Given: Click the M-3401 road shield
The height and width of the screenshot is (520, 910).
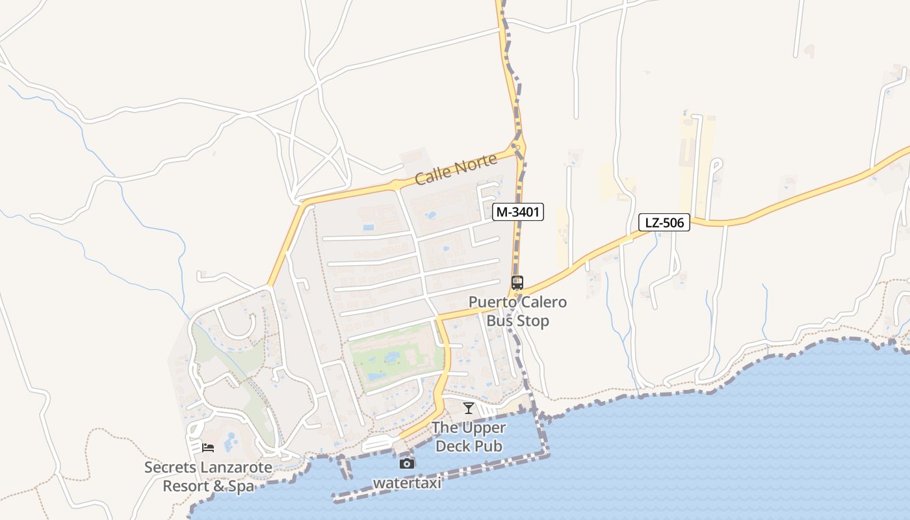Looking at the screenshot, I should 517,212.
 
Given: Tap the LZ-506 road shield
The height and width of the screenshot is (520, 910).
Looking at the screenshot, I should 664,223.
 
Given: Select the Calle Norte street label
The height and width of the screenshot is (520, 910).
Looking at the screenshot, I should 456,169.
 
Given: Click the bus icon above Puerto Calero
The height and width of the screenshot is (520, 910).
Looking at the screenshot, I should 517,283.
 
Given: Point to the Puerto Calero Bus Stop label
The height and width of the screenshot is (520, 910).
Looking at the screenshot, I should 517,312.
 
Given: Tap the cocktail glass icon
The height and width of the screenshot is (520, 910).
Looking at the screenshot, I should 468,408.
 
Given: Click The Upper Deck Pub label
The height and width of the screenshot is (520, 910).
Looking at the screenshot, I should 469,437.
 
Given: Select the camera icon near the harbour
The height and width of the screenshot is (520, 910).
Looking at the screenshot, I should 407,463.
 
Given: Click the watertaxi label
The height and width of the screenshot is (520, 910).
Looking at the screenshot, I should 407,484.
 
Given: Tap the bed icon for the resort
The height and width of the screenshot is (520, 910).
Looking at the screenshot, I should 208,448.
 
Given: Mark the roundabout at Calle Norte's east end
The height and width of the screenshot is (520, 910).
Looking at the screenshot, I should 518,147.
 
